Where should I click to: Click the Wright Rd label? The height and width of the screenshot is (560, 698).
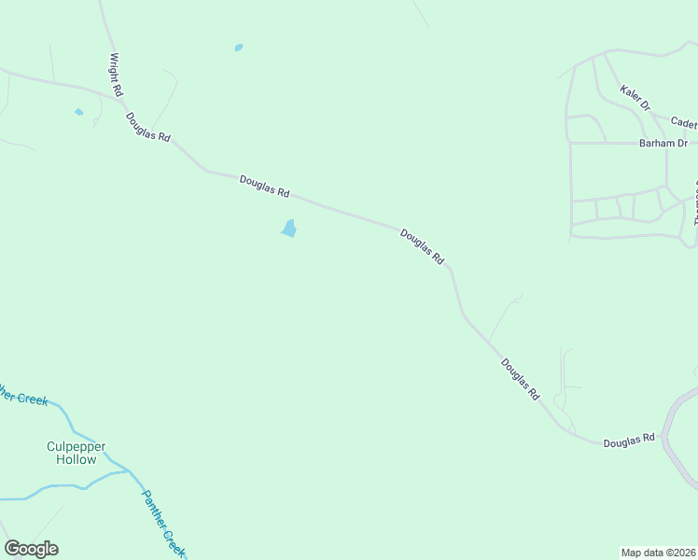tap(116, 75)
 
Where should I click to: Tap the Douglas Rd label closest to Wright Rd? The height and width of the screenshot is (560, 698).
tap(148, 127)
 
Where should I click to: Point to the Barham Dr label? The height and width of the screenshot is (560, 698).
tap(663, 143)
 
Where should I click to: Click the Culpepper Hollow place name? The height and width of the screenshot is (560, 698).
tap(76, 453)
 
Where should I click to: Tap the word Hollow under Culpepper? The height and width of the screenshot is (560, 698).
tap(76, 459)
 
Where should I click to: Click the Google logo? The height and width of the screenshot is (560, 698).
tap(31, 549)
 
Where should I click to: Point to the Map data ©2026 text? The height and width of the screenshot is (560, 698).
tap(659, 553)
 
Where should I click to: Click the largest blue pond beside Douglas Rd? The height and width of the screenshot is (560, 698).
tap(289, 229)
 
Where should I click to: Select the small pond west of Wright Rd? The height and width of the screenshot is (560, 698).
tap(78, 112)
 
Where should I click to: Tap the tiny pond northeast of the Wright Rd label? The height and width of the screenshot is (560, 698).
tap(239, 47)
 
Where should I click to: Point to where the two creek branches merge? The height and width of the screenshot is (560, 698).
tap(129, 471)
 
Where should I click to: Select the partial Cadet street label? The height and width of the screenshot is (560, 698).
tap(683, 122)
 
